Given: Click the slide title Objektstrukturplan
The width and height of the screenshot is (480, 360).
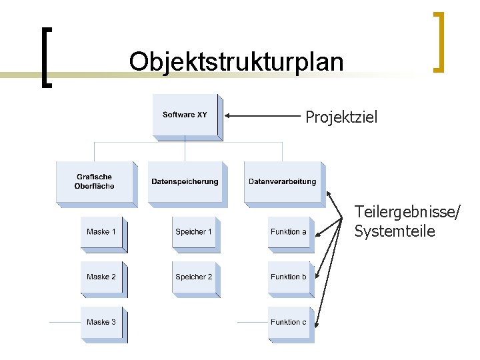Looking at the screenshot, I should click(x=237, y=62).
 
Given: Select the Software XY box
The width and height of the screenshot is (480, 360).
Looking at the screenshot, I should click(x=185, y=115).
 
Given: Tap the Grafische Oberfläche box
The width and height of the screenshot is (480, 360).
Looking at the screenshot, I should click(x=94, y=181).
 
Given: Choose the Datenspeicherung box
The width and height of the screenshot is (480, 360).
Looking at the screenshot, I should click(x=185, y=181).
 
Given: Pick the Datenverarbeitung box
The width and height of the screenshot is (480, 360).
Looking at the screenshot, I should click(x=282, y=181).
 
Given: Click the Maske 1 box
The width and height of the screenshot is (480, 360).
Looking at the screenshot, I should click(x=101, y=232).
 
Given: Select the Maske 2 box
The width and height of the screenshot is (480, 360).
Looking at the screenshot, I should click(x=101, y=277).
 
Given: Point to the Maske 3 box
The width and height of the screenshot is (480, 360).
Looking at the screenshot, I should click(x=101, y=322).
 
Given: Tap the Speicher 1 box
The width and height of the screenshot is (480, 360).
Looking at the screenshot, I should click(x=193, y=232).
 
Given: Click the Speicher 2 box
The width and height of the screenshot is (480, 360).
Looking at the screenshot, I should click(x=193, y=277).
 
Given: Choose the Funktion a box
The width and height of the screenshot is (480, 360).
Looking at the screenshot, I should click(x=289, y=232).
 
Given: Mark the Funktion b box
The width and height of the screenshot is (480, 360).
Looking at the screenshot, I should click(x=289, y=277).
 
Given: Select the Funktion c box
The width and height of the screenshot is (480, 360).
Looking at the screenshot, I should click(x=289, y=322).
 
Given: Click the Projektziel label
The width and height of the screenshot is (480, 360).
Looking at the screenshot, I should click(x=341, y=118).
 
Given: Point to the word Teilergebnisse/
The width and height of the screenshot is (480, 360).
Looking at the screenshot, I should click(x=407, y=213).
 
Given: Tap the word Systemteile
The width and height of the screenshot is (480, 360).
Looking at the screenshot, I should click(x=395, y=232).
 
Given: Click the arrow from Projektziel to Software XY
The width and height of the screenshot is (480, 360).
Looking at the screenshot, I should click(x=263, y=116).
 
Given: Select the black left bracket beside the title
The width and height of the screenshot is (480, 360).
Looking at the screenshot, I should click(x=46, y=57).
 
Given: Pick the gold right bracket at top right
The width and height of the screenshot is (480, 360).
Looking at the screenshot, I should click(x=438, y=41).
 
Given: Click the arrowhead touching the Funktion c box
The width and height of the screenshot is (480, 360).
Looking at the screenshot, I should click(x=319, y=324).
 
